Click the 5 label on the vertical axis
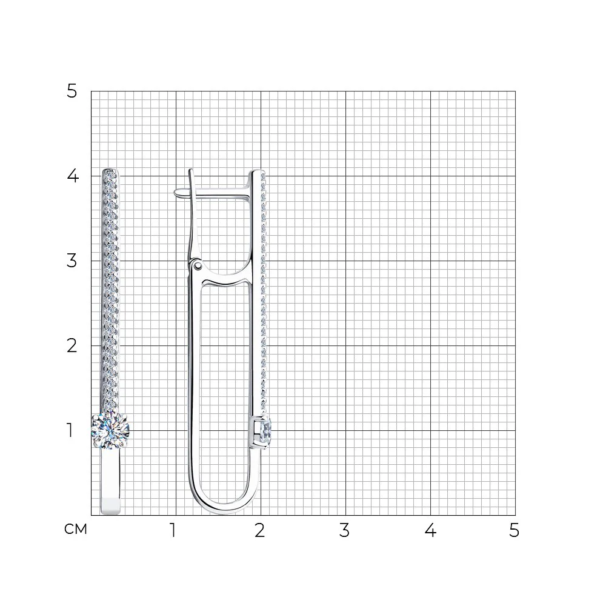click(x=72, y=92)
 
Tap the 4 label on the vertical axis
click(x=73, y=176)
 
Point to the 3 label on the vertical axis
click(x=72, y=261)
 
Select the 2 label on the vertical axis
click(x=72, y=345)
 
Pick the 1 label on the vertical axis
click(x=70, y=430)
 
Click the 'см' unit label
click(x=76, y=529)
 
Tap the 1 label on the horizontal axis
click(x=173, y=531)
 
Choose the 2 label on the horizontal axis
click(x=260, y=531)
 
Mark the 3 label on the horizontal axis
click(x=344, y=531)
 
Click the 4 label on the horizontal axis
click(x=430, y=531)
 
